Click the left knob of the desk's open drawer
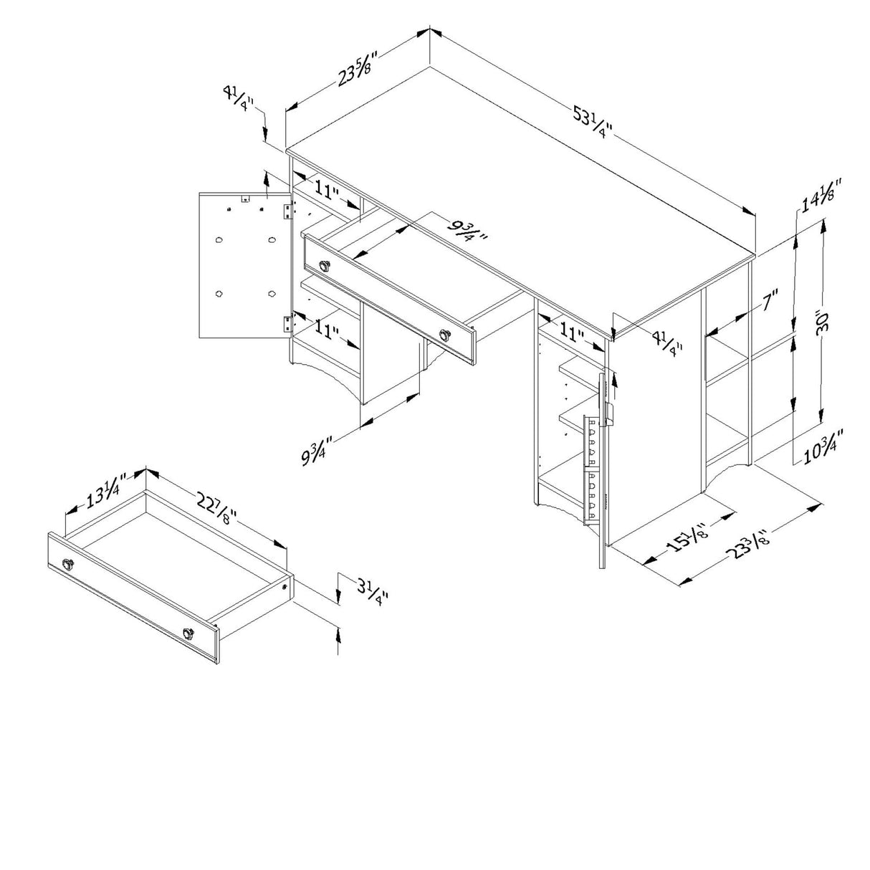[x=325, y=266]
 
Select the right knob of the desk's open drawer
[x=446, y=335]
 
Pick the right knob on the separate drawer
[x=188, y=633]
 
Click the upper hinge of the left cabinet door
[x=289, y=210]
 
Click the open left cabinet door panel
[x=244, y=265]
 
